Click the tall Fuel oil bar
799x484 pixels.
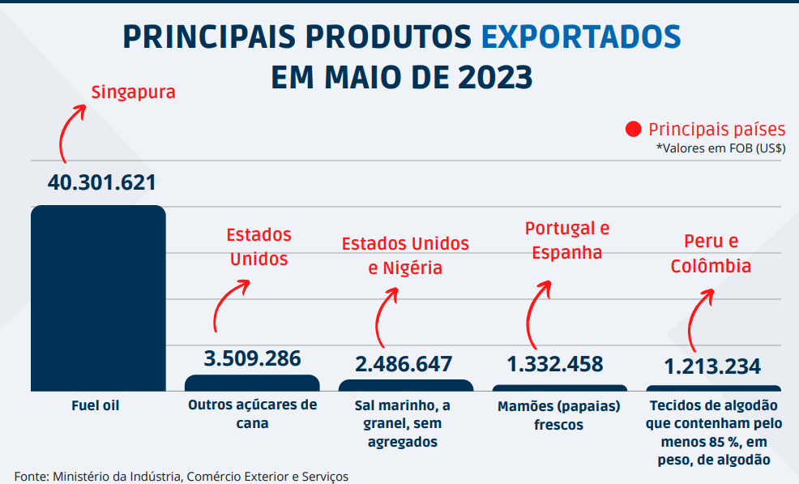pyautogui.click(x=98, y=298)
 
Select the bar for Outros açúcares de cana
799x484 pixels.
pyautogui.click(x=252, y=383)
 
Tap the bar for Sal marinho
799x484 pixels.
pyautogui.click(x=405, y=385)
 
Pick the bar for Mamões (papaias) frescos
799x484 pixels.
pyautogui.click(x=559, y=388)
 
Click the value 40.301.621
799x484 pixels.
pyautogui.click(x=101, y=182)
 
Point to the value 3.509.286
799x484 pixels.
pyautogui.click(x=252, y=358)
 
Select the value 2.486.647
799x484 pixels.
pyautogui.click(x=404, y=364)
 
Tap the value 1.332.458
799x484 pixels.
pyautogui.click(x=555, y=364)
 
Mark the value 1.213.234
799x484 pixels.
pyautogui.click(x=712, y=366)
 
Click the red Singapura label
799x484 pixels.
pyautogui.click(x=133, y=92)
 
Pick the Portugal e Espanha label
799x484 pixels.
pyautogui.click(x=567, y=240)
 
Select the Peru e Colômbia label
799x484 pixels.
pyautogui.click(x=711, y=254)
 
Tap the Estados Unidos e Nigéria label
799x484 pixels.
pyautogui.click(x=405, y=255)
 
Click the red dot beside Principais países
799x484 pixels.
pyautogui.click(x=634, y=130)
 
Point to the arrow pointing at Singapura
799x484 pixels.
pyautogui.click(x=69, y=130)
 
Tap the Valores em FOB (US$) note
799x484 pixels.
pyautogui.click(x=720, y=148)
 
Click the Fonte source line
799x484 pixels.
pyautogui.click(x=182, y=476)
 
